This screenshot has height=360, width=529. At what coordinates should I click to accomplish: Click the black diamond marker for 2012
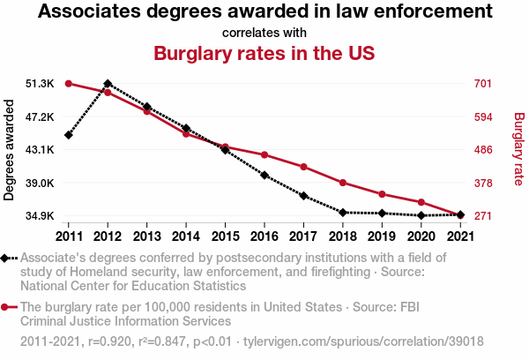point(108,83)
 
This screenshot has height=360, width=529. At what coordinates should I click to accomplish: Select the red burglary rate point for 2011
point(68,83)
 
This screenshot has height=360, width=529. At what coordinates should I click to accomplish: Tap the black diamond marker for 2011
point(68,135)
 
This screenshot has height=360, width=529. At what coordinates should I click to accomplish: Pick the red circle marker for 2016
point(264,155)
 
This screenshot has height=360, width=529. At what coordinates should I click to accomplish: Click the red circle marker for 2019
point(382,194)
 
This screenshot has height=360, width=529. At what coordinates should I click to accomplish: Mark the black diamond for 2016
point(264,175)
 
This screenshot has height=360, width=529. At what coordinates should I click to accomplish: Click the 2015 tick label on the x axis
point(225,236)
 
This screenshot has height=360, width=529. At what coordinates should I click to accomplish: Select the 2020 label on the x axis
point(421,236)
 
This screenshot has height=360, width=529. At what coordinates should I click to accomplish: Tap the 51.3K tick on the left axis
point(41,83)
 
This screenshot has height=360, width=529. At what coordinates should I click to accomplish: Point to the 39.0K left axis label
point(41,183)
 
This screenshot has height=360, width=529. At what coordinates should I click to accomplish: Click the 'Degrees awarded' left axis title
point(10,150)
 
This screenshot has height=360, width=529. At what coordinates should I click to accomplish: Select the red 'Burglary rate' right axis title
point(518,150)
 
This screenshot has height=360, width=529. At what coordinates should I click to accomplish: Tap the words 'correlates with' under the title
point(264,33)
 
